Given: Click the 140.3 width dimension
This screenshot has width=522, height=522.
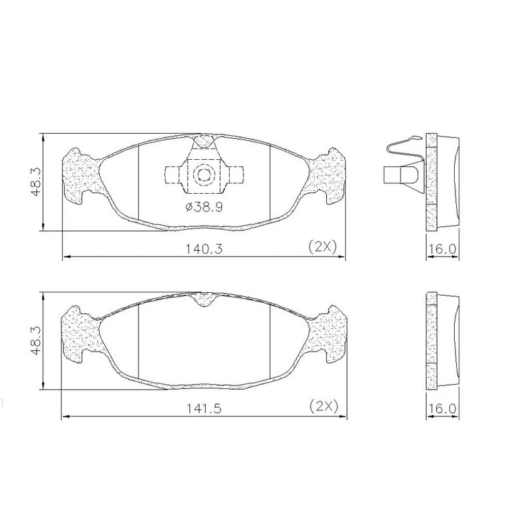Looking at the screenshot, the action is [204, 249].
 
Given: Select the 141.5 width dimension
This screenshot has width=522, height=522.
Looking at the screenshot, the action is [204, 408].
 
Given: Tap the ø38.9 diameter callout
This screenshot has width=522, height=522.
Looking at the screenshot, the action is [204, 207].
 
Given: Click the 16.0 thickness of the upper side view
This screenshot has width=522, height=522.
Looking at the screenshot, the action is [442, 249].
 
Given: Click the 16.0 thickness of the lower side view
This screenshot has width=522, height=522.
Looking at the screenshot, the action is [442, 408].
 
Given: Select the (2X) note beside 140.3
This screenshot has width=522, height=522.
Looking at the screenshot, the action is [323, 247].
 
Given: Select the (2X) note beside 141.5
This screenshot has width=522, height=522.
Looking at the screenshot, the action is [324, 406].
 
